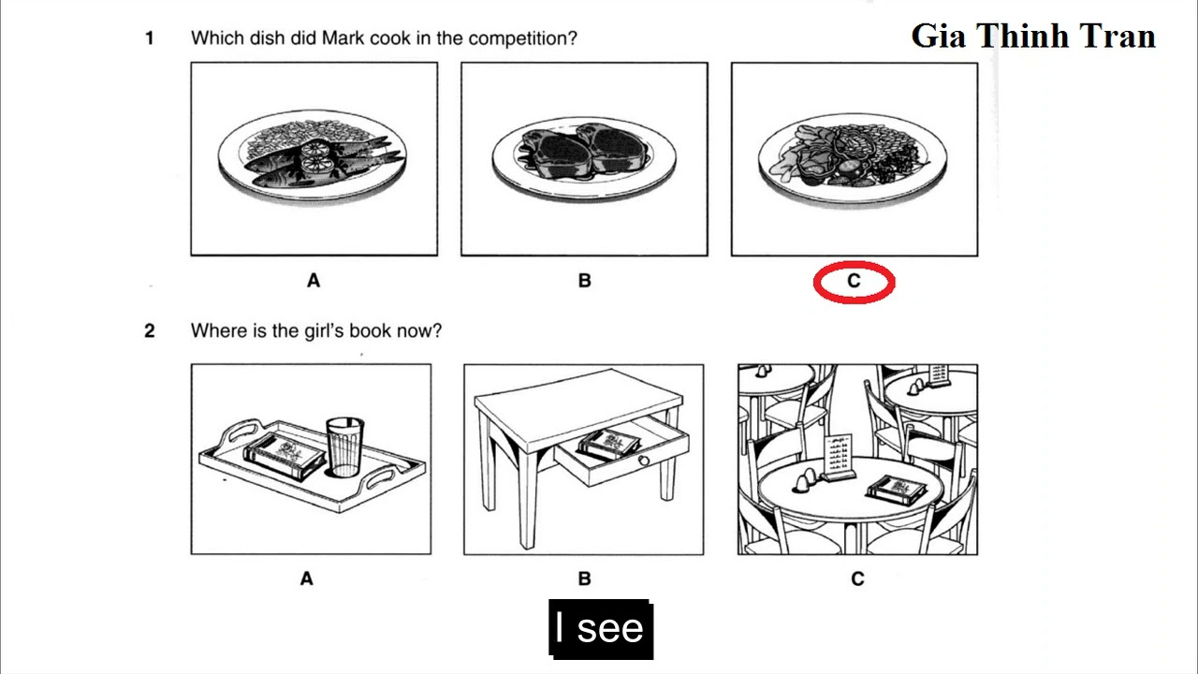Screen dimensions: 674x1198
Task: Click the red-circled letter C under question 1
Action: [x=854, y=281]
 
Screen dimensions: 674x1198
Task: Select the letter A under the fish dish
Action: [x=314, y=280]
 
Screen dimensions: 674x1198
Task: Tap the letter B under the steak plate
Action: [x=585, y=280]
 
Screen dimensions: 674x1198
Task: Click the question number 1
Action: [x=149, y=38]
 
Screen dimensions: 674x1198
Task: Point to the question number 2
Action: [x=149, y=330]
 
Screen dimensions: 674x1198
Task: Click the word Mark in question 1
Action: [x=343, y=38]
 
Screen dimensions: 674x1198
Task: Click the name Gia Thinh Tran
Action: [x=1033, y=36]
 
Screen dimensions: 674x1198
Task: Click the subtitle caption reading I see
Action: [x=599, y=628]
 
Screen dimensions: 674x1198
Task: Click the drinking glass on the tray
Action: [x=344, y=447]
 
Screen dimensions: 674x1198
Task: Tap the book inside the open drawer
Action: [x=608, y=443]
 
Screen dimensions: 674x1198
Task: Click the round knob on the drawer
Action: [x=644, y=462]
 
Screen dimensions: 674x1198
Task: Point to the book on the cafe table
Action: [x=897, y=488]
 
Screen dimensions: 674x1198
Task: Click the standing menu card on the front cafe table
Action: [x=840, y=456]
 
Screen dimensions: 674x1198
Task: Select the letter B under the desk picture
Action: [x=585, y=579]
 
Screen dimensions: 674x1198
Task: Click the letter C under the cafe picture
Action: [x=857, y=579]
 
